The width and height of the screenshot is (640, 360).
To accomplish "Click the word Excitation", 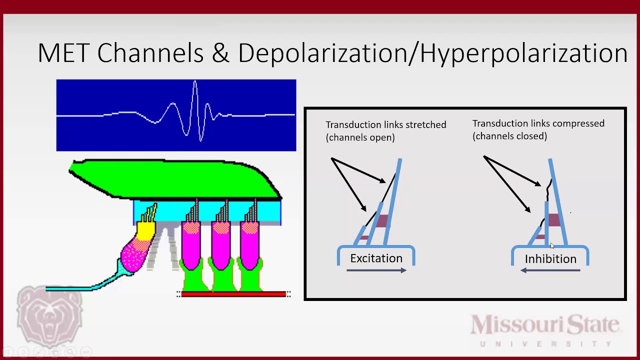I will (x=376, y=258).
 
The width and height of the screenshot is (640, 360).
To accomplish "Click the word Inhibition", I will (x=550, y=259).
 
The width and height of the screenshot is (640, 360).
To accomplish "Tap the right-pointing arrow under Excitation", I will (x=376, y=270).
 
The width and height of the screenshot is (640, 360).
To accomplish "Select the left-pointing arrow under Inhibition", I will (x=550, y=270).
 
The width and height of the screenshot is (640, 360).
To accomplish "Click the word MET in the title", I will (x=63, y=53).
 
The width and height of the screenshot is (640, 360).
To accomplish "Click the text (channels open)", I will (x=360, y=137).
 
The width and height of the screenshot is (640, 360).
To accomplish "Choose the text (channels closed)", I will (x=509, y=136).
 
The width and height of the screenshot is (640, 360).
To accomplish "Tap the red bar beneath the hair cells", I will (x=233, y=294).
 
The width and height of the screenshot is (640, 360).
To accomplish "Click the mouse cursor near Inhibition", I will (x=552, y=245).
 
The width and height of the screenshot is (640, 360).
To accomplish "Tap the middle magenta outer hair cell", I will (x=220, y=245).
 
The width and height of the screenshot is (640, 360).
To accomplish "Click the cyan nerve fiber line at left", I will (x=70, y=288).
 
